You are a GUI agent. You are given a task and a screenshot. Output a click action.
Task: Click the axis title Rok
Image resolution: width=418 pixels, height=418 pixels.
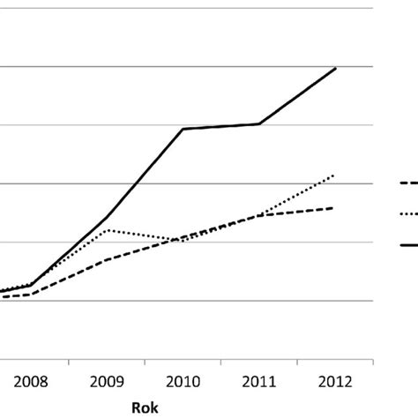pos(146,407)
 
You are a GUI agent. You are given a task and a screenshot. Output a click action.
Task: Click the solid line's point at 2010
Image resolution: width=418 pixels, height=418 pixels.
pos(183,129)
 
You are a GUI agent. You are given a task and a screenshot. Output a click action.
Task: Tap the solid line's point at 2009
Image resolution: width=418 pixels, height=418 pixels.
pos(108,216)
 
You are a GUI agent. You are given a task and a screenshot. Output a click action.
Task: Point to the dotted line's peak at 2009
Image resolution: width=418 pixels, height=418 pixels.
pos(108,229)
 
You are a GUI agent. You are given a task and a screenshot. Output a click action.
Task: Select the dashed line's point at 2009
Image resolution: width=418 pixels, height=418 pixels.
pos(108,259)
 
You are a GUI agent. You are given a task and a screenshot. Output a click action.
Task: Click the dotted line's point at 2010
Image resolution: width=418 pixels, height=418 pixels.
pos(183,240)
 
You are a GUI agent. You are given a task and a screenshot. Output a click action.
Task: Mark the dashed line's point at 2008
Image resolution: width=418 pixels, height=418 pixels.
pos(32,294)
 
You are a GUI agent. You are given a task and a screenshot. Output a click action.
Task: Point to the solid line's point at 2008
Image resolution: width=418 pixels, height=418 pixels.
pos(32,285)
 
